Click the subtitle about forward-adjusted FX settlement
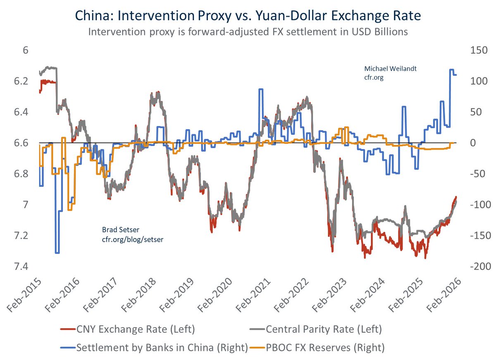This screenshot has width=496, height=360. click(x=248, y=32)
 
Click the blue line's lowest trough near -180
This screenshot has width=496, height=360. click(x=57, y=253)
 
